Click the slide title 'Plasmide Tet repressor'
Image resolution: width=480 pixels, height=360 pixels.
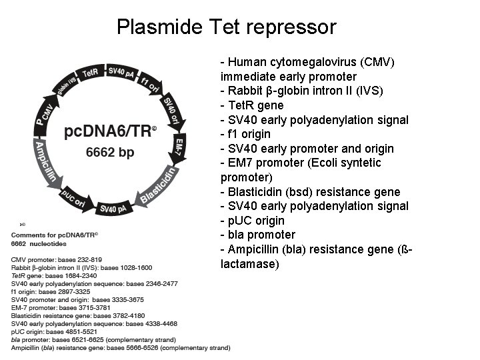pos(226,27)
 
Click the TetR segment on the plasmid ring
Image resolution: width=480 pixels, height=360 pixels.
pos(90,71)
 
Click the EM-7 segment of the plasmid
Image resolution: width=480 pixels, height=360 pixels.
pos(180,147)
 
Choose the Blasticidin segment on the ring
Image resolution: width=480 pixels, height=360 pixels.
pos(159,186)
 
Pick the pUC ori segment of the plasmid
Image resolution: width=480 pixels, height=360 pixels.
pos(73,198)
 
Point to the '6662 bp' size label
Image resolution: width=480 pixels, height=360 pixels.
pos(110,153)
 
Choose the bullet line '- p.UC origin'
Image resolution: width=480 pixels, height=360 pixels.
pos(253,221)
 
